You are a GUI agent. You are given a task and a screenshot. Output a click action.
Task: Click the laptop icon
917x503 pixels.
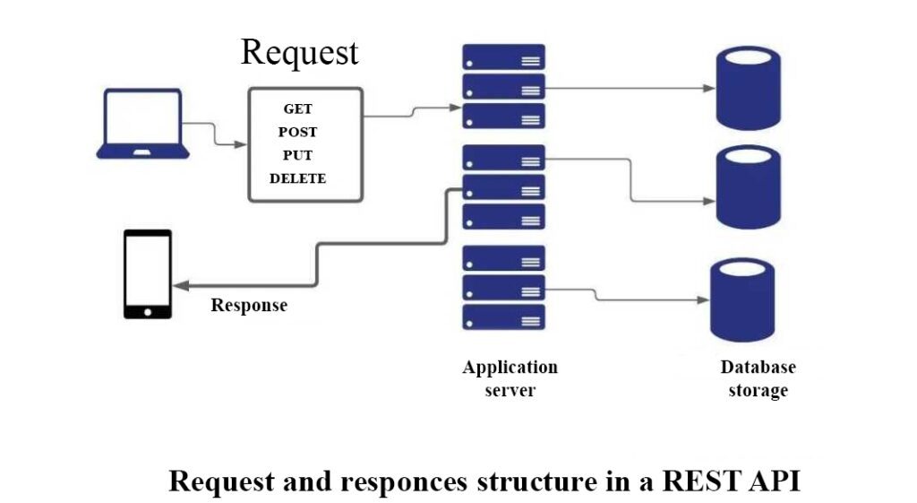tap(142, 124)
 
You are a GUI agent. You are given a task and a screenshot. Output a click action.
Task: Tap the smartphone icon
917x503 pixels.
tap(148, 274)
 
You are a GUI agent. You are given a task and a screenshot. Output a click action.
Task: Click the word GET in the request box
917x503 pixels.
tap(297, 108)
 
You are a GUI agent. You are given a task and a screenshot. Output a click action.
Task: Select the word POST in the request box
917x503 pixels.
tap(297, 133)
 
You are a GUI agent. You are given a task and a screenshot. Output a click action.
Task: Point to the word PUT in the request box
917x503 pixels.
tap(297, 156)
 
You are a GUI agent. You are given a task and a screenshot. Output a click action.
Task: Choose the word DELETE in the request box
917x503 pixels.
tap(297, 178)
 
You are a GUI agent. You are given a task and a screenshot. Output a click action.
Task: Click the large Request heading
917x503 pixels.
tap(299, 53)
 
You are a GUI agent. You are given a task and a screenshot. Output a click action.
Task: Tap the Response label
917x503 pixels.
tap(249, 306)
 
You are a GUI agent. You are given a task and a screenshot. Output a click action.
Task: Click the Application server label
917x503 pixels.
tap(510, 379)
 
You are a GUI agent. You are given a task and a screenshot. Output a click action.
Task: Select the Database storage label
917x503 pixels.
tap(758, 379)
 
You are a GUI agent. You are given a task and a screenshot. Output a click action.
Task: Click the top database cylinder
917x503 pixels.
tap(749, 88)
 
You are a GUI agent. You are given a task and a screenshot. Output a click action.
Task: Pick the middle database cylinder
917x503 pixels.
tap(749, 187)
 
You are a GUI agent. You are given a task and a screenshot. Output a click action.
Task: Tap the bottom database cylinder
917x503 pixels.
tap(742, 299)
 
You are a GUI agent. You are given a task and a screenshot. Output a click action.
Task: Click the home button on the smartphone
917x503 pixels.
tap(148, 312)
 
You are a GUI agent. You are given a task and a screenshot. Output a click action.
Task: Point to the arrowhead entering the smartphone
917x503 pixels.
tap(181, 286)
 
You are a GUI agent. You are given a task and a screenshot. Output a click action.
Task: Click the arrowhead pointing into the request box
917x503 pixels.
tap(240, 144)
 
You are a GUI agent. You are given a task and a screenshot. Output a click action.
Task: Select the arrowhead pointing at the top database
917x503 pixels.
tap(709, 89)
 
